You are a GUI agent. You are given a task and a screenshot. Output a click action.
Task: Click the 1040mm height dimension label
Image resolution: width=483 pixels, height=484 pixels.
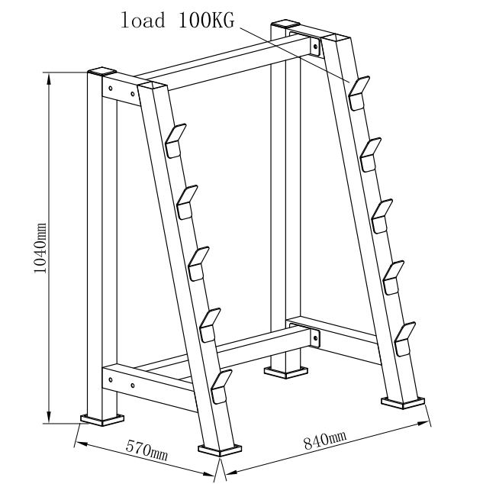coord(40,248)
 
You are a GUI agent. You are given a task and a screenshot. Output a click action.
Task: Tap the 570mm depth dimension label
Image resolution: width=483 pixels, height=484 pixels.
coord(147,450)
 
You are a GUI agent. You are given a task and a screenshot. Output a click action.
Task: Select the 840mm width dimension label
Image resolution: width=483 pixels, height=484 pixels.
coord(325,440)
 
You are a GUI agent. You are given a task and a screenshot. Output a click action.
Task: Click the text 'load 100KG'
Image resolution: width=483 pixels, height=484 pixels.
coord(177,21)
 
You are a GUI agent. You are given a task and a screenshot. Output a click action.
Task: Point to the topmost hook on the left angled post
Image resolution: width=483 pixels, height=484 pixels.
coord(175,140)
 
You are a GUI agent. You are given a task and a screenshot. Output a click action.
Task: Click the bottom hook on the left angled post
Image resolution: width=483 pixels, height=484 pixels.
coord(221,387)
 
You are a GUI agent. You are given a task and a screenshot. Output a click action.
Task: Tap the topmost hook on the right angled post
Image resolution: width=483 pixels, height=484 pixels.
coord(359,93)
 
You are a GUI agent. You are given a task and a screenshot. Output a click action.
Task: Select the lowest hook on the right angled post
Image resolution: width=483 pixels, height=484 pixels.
coord(405,339)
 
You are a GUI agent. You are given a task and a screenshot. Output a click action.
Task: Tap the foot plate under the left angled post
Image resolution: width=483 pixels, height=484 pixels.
coord(220,450)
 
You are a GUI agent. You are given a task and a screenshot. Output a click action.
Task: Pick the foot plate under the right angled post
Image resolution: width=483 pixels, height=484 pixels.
coord(403,403)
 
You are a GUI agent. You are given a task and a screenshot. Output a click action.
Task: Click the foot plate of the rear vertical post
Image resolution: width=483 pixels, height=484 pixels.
coord(286,373)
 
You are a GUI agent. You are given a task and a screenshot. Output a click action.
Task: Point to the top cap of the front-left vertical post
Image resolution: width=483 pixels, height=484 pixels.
coord(101,72)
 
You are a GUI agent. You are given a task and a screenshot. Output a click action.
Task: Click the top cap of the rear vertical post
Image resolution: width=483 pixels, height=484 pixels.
coord(285,24)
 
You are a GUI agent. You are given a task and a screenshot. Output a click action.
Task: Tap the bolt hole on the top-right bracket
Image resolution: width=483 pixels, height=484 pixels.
coord(315,47)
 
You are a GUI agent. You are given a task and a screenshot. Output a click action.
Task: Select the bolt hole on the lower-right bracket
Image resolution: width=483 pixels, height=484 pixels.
coord(315,338)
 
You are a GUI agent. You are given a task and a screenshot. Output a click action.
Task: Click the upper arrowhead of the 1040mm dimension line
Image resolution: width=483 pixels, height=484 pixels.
coord(48,79)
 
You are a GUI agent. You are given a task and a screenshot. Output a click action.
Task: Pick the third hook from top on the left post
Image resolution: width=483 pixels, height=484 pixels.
coord(198,263)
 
